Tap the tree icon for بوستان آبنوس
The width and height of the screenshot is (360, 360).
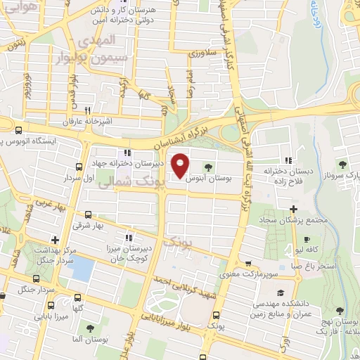click(x=209, y=167)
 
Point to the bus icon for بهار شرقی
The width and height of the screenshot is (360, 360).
click(x=87, y=215)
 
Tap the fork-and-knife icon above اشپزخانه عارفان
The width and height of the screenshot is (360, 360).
click(x=87, y=110)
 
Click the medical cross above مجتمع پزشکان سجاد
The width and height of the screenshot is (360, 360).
click(x=294, y=209)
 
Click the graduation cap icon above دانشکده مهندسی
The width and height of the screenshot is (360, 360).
click(x=281, y=292)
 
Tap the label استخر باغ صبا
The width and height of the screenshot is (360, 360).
click(x=309, y=266)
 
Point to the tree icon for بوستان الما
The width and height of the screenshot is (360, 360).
click(x=90, y=328)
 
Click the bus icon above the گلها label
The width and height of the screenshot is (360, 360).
click(x=76, y=297)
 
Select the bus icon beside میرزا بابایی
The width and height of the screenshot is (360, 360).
click(x=51, y=306)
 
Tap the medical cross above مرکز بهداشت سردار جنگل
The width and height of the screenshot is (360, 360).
click(x=55, y=240)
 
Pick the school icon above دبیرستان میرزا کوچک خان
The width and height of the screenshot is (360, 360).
click(x=127, y=237)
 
